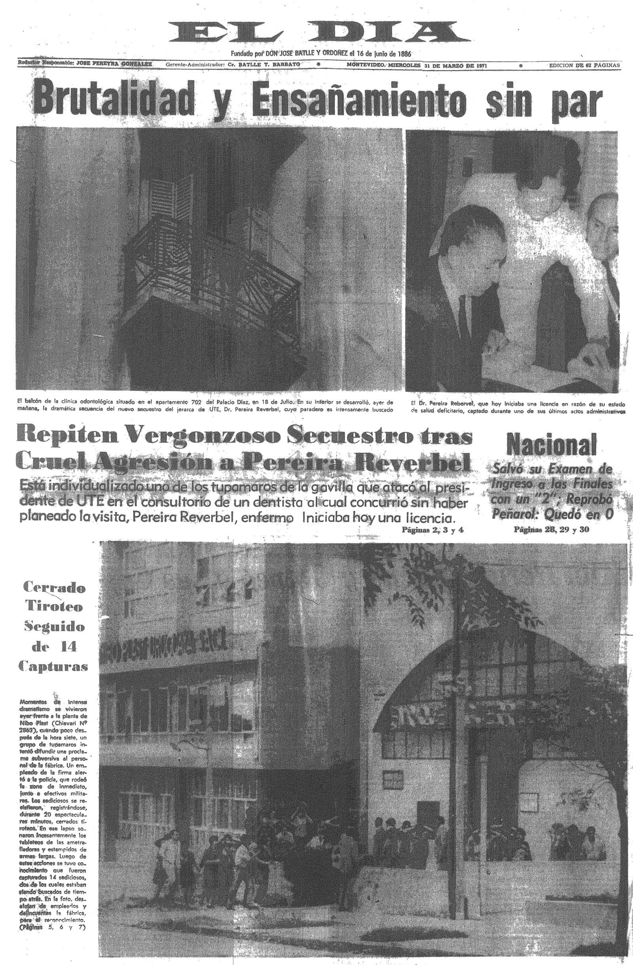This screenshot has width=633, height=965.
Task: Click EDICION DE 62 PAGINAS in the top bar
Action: (584, 65)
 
